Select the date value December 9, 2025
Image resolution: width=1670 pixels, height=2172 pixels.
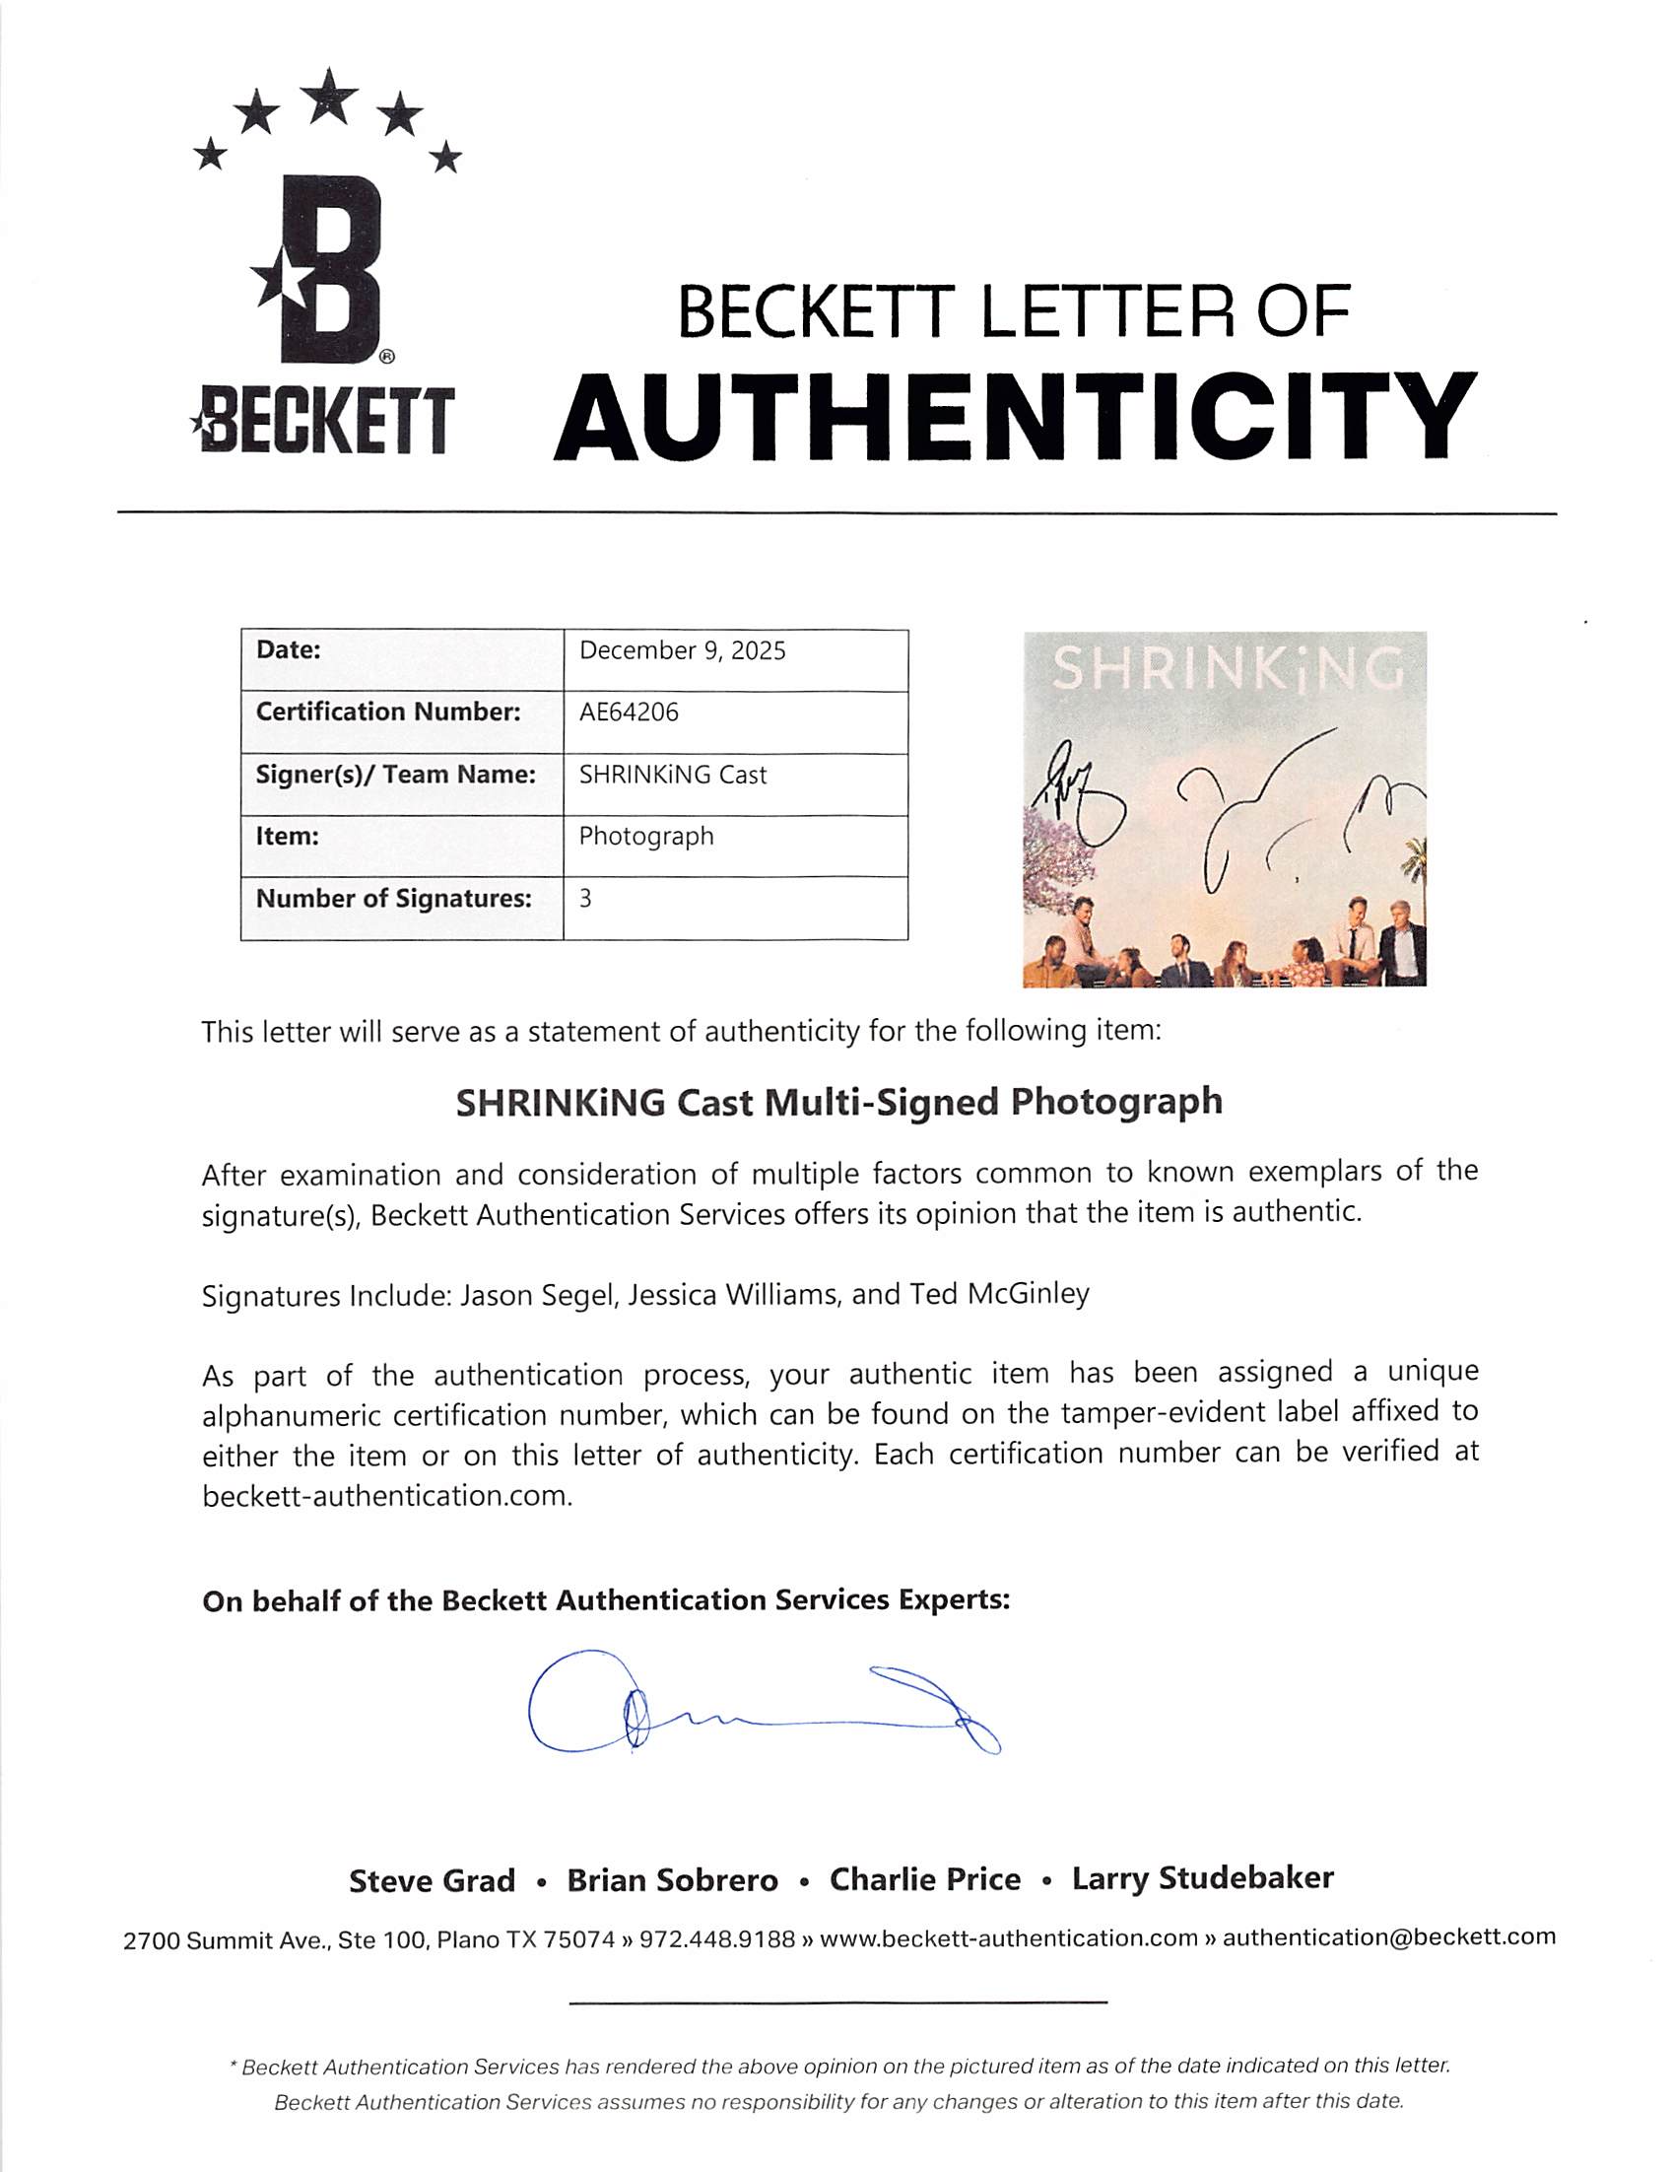pyautogui.click(x=682, y=651)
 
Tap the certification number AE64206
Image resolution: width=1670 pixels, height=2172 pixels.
pyautogui.click(x=629, y=713)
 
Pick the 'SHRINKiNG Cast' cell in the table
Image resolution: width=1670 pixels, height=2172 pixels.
pyautogui.click(x=673, y=776)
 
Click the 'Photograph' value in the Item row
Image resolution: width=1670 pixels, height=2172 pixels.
pyautogui.click(x=646, y=836)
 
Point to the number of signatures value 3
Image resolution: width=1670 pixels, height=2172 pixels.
pyautogui.click(x=585, y=899)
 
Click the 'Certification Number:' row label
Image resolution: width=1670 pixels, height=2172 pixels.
pyautogui.click(x=387, y=713)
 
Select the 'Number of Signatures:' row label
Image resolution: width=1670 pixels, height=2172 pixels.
pyautogui.click(x=394, y=899)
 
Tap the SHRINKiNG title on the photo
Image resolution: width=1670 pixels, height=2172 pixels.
pyautogui.click(x=1228, y=669)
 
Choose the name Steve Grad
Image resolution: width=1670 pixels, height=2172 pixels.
pyautogui.click(x=432, y=1880)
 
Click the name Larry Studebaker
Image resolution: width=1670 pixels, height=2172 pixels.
pyautogui.click(x=1202, y=1878)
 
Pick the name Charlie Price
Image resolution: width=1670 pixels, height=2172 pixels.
pyautogui.click(x=924, y=1879)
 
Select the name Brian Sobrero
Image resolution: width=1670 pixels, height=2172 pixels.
pyautogui.click(x=672, y=1880)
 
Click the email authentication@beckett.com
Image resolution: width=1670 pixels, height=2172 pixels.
pyautogui.click(x=1388, y=1936)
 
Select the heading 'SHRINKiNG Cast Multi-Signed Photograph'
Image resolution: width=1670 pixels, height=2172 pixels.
pyautogui.click(x=839, y=1103)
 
